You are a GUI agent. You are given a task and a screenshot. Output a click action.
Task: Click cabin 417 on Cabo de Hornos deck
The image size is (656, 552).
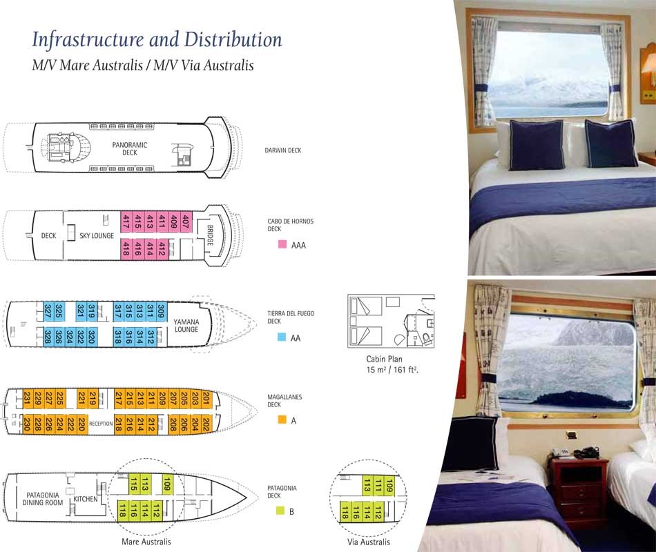tap(126, 221)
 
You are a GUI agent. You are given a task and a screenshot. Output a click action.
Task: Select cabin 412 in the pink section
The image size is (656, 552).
tap(162, 249)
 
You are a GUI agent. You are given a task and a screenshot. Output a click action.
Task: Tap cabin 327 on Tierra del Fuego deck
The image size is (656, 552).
tap(48, 311)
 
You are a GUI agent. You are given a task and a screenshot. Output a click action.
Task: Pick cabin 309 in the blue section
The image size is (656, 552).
tap(162, 312)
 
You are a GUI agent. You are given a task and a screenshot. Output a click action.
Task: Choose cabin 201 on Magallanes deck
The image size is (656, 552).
tap(206, 399)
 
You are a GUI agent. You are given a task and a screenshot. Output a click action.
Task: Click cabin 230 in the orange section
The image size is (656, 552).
tap(27, 424)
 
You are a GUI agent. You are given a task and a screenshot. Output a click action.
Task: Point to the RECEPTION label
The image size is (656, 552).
tap(101, 424)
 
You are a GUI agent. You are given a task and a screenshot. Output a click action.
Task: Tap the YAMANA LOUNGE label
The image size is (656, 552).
tap(186, 326)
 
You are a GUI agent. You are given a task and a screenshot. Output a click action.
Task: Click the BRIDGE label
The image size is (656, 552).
tap(210, 235)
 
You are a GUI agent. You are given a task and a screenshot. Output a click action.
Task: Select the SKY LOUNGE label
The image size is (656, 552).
tap(97, 236)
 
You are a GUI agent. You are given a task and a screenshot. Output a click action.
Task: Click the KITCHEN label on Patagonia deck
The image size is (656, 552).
tap(86, 499)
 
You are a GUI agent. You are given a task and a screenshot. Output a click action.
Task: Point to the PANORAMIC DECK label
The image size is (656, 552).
tap(130, 148)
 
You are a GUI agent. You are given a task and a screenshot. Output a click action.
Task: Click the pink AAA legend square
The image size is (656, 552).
tap(282, 244)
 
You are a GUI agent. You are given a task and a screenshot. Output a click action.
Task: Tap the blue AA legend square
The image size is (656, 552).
tap(282, 337)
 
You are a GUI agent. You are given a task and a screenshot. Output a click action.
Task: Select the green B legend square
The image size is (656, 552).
tap(280, 511)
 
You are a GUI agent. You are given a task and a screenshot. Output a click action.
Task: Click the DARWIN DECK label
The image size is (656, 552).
tap(283, 150)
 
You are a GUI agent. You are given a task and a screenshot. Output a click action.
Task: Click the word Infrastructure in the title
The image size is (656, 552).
tap(88, 40)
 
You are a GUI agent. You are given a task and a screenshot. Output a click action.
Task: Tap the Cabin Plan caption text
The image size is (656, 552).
tap(384, 359)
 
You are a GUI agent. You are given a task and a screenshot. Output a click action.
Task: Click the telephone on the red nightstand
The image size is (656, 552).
tap(588, 453)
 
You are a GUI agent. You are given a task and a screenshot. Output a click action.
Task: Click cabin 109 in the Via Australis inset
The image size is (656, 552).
tap(389, 486)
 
